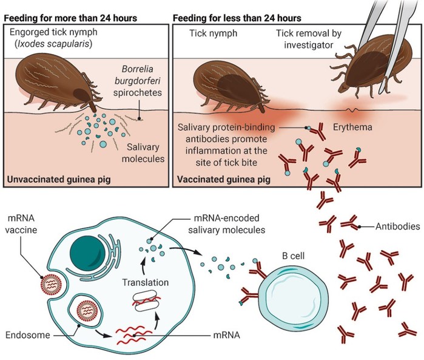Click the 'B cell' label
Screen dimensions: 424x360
point(293,256)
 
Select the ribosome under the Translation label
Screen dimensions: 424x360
point(146,301)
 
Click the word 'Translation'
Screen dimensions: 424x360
point(146,282)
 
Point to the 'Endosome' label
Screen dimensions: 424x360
point(27,335)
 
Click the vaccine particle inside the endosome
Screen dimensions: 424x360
point(87,311)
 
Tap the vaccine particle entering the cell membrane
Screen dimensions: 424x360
point(51,285)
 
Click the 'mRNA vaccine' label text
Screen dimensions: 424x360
point(21,224)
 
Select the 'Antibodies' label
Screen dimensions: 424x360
point(398,226)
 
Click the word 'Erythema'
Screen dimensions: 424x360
point(352,127)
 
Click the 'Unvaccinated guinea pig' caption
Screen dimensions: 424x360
point(59,180)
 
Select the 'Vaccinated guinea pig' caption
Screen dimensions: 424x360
point(224,180)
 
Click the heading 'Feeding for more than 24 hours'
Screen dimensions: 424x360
point(70,18)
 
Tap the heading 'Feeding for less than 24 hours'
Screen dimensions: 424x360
point(237,18)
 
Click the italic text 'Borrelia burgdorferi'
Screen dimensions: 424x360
point(137,75)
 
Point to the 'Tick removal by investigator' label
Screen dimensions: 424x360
point(309,39)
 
